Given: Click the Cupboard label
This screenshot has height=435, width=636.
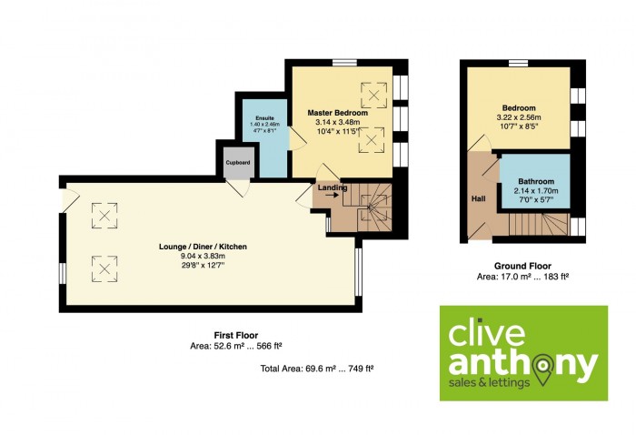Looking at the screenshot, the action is (x=238, y=163).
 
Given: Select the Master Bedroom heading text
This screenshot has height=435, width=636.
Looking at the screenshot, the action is (x=337, y=113).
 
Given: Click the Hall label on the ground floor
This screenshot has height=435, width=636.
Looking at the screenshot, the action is (x=478, y=198).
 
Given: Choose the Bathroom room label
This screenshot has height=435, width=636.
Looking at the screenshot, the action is (x=536, y=182).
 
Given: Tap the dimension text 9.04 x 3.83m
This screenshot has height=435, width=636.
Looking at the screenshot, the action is (x=203, y=256).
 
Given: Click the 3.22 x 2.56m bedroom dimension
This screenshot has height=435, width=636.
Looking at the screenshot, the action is (x=519, y=117).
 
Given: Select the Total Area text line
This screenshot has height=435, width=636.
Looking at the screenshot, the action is (x=317, y=369).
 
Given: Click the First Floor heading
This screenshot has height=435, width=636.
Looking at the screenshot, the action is (x=236, y=336).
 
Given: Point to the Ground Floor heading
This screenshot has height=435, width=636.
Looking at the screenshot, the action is (x=522, y=266).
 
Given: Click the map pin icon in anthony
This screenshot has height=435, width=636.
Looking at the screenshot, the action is (x=545, y=369).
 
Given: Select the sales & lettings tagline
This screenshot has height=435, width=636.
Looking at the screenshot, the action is (x=489, y=382).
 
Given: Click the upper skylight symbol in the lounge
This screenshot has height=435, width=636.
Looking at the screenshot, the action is (x=104, y=216).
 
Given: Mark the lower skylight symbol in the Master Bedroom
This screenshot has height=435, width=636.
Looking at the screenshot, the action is (x=371, y=140).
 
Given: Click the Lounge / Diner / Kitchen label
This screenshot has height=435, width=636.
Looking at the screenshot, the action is (x=203, y=247).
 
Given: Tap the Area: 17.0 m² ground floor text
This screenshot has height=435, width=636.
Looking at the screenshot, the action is (x=522, y=277).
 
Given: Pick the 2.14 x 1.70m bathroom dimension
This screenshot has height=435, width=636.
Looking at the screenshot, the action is (x=536, y=190).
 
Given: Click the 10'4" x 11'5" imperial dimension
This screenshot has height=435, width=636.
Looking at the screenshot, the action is (x=337, y=131).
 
